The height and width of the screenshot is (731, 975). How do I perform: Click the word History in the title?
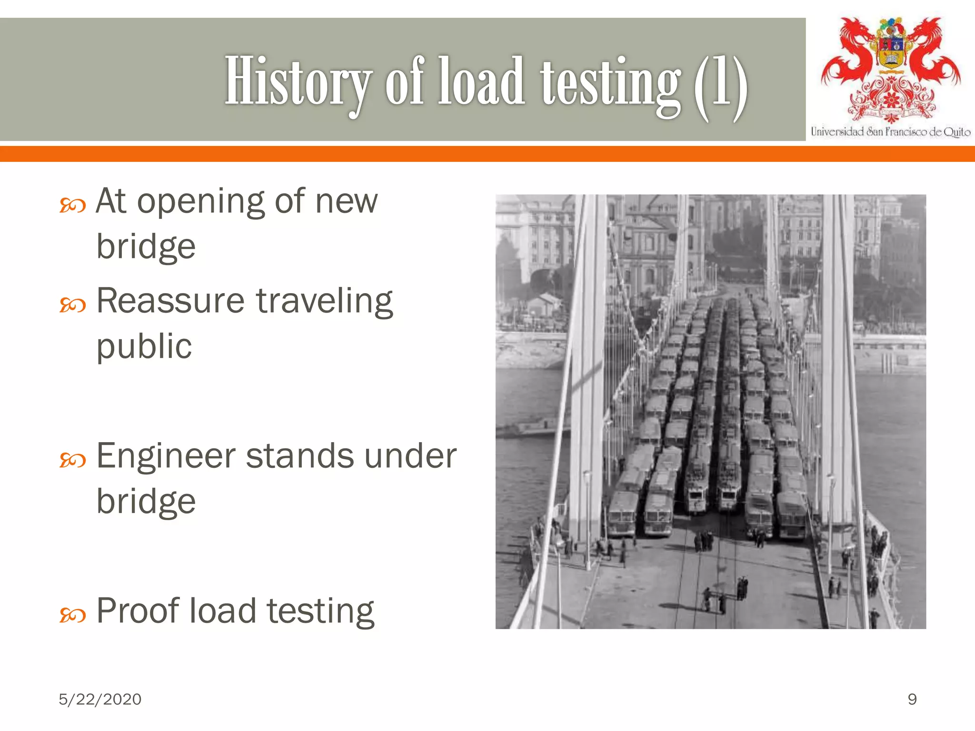click(298, 81)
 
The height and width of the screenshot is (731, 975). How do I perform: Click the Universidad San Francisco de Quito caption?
click(890, 132)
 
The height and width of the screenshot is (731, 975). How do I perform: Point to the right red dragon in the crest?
click(933, 52)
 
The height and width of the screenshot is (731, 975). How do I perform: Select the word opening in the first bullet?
click(200, 202)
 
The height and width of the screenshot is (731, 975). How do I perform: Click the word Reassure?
click(170, 301)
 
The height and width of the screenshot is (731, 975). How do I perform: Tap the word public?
click(144, 346)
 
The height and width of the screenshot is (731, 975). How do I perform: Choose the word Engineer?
click(166, 456)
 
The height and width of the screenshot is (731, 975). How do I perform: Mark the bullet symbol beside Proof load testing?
click(72, 616)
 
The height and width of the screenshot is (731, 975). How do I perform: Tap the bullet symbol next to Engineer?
click(72, 460)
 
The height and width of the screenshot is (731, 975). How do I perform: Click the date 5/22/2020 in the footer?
click(100, 699)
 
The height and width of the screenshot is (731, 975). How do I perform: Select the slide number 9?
click(912, 699)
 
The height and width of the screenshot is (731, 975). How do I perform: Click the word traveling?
click(324, 302)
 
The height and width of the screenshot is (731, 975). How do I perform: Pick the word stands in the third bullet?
click(299, 456)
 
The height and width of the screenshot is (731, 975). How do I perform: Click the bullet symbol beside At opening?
click(72, 206)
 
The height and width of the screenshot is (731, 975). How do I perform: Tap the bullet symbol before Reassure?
click(72, 305)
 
